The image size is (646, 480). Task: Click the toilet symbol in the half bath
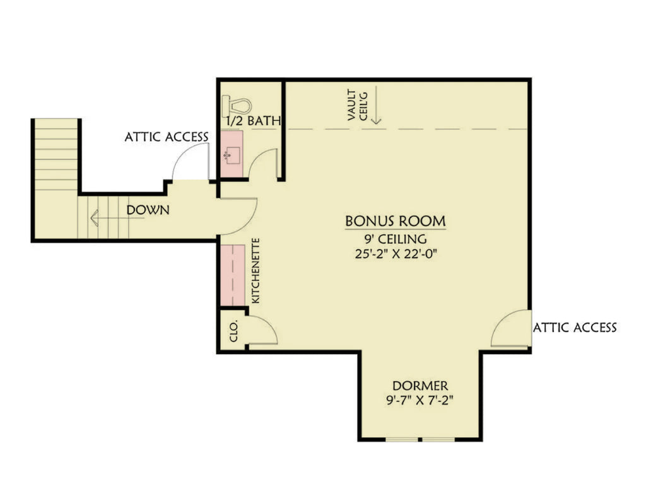[x=237, y=104]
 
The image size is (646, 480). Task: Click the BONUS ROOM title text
[x=396, y=221]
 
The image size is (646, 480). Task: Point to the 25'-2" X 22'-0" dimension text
[x=396, y=255]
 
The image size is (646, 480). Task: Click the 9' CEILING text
[x=396, y=239]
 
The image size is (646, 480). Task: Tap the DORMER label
[x=420, y=385]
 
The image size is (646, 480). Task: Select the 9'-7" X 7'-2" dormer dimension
[x=420, y=400]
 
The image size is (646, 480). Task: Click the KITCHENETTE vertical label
[x=256, y=271]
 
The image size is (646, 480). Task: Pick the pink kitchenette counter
[x=233, y=274]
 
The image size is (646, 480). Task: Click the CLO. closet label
[x=233, y=330]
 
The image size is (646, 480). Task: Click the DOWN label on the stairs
[x=148, y=210]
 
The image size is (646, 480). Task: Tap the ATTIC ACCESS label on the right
[x=575, y=328]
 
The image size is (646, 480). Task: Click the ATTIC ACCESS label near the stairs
[x=166, y=137]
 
